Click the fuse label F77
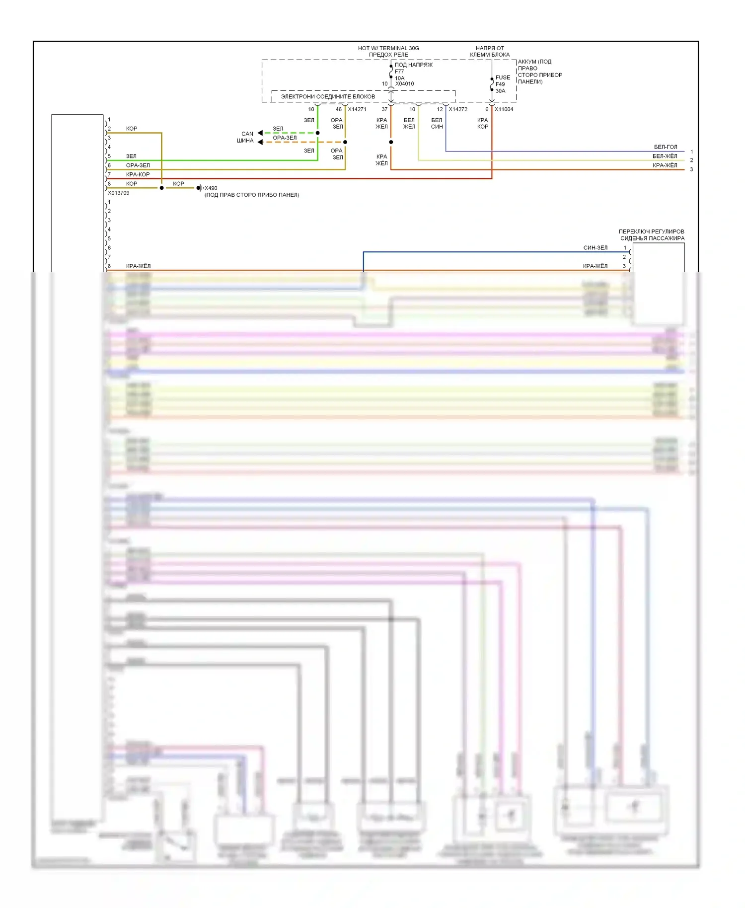pos(399,72)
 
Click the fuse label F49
pos(500,84)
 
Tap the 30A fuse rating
pos(500,91)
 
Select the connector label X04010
pos(404,84)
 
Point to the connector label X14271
pos(357,109)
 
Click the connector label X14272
pos(458,109)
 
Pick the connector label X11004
pos(504,109)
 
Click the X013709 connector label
pos(119,193)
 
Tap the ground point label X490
pos(211,188)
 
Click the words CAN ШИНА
pos(245,137)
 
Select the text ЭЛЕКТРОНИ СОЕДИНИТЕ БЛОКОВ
pos(328,96)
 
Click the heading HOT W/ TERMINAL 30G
pos(388,48)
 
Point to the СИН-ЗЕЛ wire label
pos(595,247)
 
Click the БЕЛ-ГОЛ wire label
pos(665,147)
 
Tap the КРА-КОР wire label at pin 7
pos(138,174)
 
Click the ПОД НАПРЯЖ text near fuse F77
pos(413,65)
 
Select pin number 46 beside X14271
pos(339,109)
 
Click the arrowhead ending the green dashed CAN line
pos(260,133)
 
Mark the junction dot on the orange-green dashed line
pos(345,142)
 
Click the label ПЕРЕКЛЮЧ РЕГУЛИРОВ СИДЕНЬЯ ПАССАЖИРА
pos(651,235)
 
